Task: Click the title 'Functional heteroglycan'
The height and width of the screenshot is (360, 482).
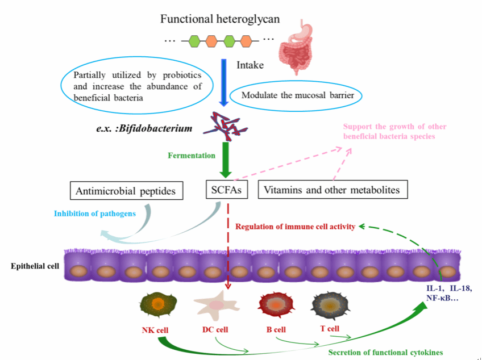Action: point(220,19)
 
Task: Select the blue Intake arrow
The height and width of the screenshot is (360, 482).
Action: point(223,79)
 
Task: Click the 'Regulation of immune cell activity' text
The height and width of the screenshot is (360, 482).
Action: point(295,227)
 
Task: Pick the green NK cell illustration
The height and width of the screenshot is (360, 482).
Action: point(155,305)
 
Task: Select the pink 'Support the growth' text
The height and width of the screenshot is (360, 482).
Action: point(394,131)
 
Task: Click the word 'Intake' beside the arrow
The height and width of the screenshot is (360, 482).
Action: point(250,65)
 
